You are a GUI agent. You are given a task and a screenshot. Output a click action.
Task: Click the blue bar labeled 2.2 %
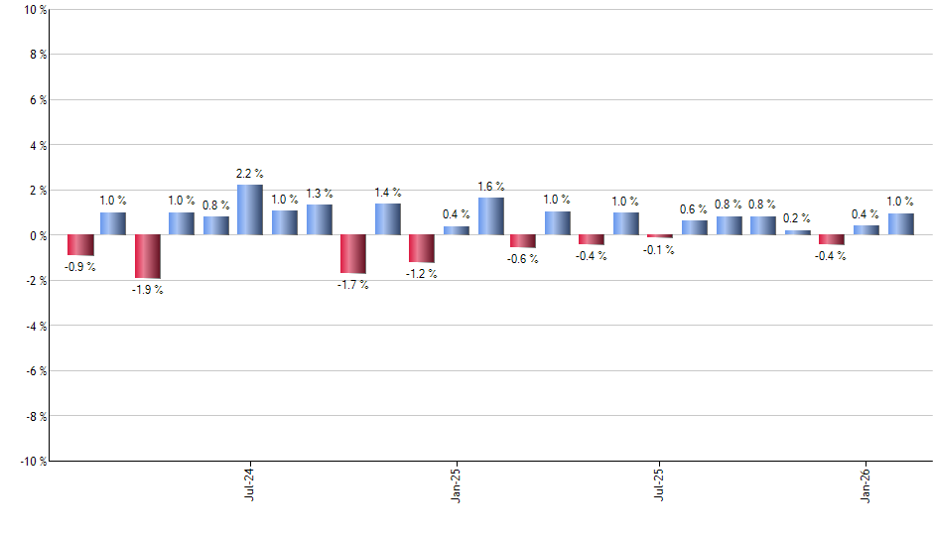[250, 209]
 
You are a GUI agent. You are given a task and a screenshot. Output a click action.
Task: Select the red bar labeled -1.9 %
[148, 256]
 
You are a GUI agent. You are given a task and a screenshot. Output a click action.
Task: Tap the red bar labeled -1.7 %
[353, 254]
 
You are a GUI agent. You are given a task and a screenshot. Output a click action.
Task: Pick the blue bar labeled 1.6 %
[490, 216]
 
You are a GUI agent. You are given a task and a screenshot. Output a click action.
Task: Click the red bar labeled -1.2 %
[422, 248]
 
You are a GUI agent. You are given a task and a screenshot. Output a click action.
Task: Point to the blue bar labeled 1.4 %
[387, 219]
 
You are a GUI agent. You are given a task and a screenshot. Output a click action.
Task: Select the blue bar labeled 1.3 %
[319, 220]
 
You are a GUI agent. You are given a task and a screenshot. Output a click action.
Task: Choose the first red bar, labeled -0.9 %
[79, 245]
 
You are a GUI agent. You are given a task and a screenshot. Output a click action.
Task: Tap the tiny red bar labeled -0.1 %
[660, 236]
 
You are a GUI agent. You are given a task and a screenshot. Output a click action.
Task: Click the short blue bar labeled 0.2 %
[797, 232]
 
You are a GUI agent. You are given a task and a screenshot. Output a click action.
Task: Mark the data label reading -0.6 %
[523, 259]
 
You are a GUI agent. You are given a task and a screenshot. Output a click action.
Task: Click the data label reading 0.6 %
[694, 209]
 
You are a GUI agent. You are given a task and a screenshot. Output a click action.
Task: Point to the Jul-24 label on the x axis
[248, 482]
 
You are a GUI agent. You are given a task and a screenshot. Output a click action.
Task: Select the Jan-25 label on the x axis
[456, 482]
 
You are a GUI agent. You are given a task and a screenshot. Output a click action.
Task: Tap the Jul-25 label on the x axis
[659, 482]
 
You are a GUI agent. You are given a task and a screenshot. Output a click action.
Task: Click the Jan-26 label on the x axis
[866, 482]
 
